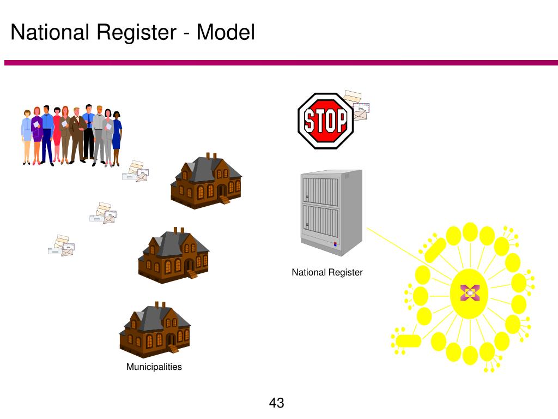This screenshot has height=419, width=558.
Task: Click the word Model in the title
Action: pos(226,32)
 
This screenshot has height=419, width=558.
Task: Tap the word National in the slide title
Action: pos(50,32)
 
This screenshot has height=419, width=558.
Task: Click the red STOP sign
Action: pos(325,121)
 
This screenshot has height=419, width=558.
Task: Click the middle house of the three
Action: pos(174,255)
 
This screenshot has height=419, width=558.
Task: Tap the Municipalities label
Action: pos(154,367)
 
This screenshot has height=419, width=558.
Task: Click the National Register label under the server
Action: pos(327,273)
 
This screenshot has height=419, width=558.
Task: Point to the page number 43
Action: pos(276,403)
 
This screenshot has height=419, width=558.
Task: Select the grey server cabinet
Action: pos(331,213)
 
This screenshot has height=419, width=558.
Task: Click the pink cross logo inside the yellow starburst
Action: pos(470,293)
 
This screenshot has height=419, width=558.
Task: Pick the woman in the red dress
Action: pos(57,135)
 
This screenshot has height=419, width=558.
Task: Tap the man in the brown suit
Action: pos(77,135)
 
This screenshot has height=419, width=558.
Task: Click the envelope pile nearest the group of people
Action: pos(135,171)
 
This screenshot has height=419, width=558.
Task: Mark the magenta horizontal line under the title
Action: pos(281,63)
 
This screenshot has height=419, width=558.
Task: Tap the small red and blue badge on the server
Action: pos(335,244)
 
